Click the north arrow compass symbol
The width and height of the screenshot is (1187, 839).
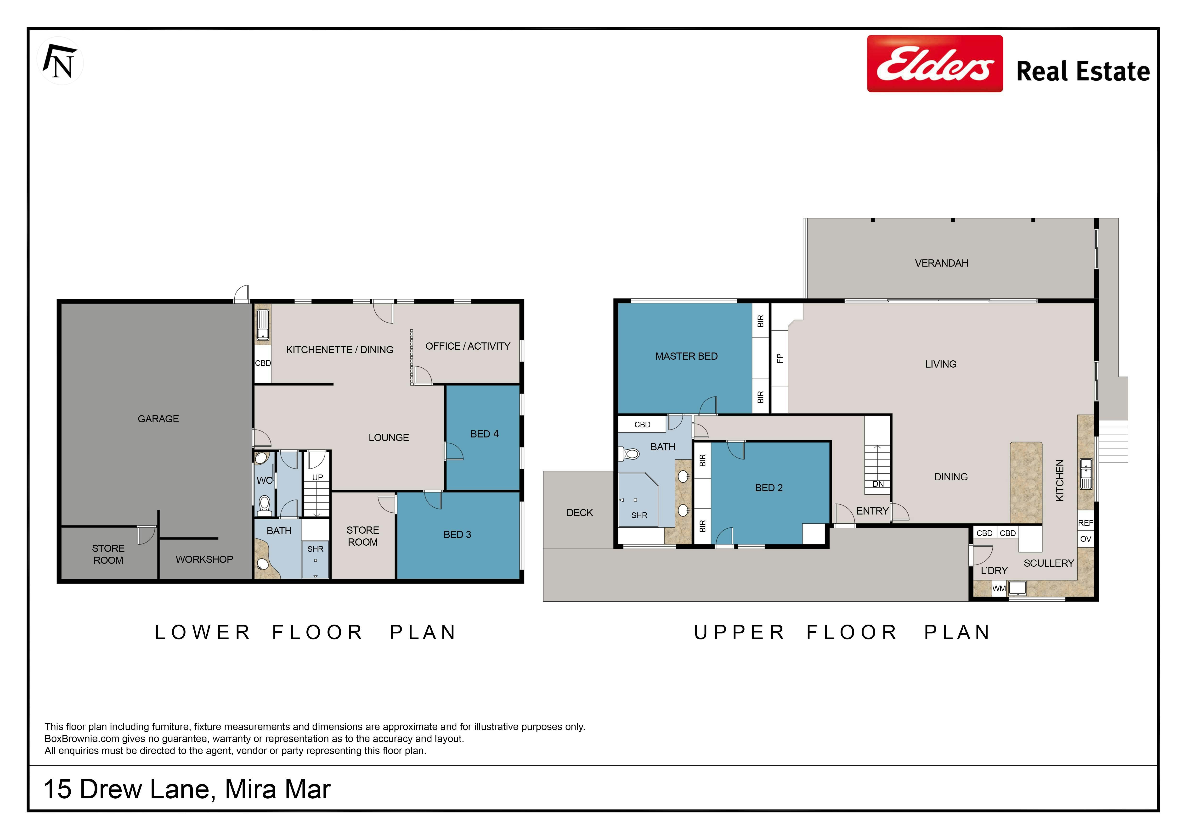pos(61,61)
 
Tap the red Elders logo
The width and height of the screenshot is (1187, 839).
pos(935,64)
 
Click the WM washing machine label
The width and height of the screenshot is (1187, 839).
pos(999,588)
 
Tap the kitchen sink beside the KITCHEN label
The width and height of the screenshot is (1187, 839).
pos(1086,473)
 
